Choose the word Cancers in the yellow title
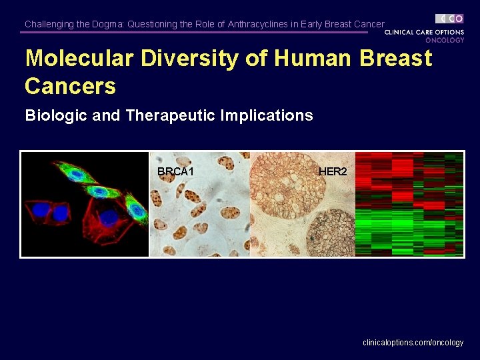coord(70,86)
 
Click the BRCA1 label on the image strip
coord(175,172)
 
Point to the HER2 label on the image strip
coord(333,172)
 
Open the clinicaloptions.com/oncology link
coord(413,343)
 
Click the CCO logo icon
coord(449,19)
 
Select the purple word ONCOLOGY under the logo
coord(445,40)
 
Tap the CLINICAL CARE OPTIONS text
coord(425,32)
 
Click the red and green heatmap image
coord(409,204)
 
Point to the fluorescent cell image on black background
coord(85,204)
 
